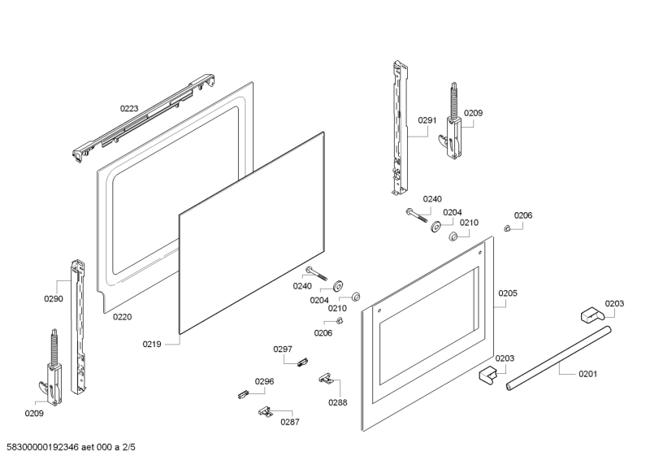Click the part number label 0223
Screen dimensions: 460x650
[130, 107]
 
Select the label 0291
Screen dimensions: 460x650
[427, 120]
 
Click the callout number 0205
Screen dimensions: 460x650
[508, 293]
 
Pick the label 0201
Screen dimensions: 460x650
[587, 374]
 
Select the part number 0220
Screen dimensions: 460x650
[122, 317]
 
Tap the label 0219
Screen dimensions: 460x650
[152, 344]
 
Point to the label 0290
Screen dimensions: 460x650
[53, 299]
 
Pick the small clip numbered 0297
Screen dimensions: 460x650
[301, 362]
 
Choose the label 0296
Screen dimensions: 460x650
[264, 381]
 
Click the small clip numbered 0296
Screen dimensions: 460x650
[241, 393]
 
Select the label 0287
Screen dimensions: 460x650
[290, 422]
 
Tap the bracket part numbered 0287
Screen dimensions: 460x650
[265, 412]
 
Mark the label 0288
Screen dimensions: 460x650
[338, 402]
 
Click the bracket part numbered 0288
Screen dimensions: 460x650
[327, 378]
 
